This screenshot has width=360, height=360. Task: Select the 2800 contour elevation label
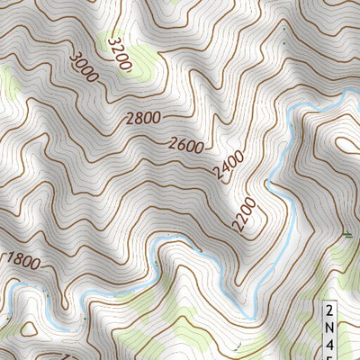click(143, 117)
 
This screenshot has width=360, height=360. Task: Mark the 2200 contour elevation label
click(244, 214)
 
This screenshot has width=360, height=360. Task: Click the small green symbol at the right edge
click(348, 236)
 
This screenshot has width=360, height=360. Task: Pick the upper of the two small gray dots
click(286, 30)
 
